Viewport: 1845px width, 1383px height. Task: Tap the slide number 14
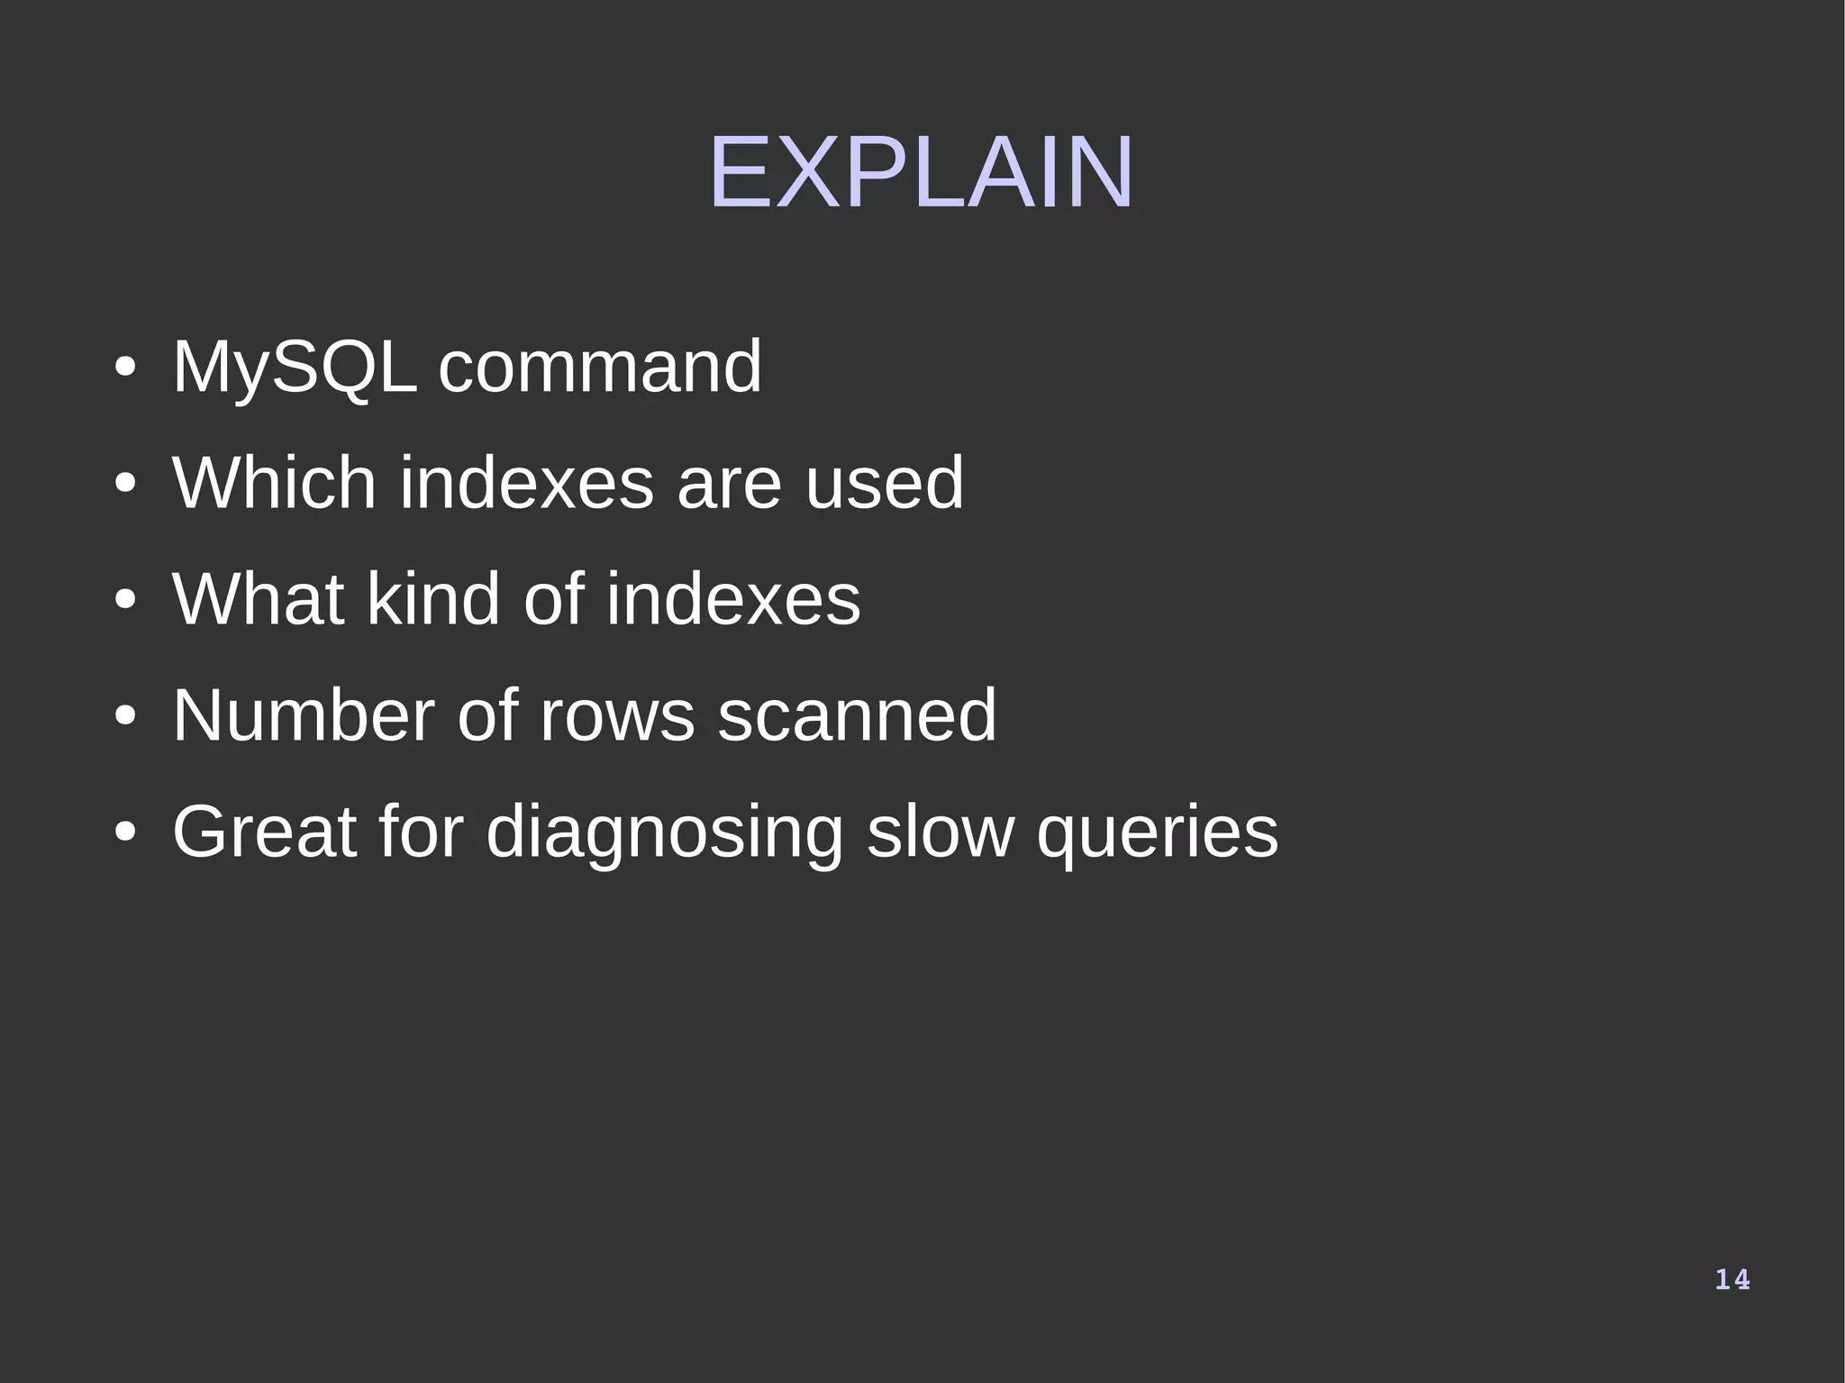coord(1731,1279)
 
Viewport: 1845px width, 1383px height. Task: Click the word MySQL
coord(295,368)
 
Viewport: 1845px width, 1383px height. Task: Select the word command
coord(600,367)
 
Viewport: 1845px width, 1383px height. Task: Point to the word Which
coord(274,483)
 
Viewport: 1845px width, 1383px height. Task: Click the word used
coord(884,483)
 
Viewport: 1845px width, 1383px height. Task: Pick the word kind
coord(433,599)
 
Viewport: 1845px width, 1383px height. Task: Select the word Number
coord(303,715)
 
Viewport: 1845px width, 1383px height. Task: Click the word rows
coord(617,715)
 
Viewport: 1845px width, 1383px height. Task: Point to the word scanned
coord(858,715)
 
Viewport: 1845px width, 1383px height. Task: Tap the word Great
coord(264,832)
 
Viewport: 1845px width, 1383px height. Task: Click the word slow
coord(940,832)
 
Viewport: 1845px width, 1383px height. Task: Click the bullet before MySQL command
coord(125,368)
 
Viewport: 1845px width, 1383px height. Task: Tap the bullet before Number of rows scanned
coord(125,717)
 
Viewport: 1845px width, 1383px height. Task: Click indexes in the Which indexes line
coord(526,483)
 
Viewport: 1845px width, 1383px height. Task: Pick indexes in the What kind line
coord(732,599)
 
